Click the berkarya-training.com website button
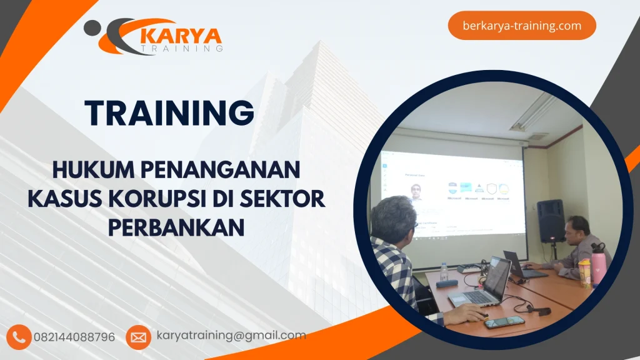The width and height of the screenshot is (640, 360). (x=522, y=26)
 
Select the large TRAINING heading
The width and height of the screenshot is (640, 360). (x=169, y=113)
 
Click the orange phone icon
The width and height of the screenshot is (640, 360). (x=19, y=337)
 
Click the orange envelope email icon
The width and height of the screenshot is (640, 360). (x=138, y=337)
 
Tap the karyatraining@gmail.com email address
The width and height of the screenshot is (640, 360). (x=231, y=336)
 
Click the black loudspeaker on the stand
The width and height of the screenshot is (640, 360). (x=550, y=221)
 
